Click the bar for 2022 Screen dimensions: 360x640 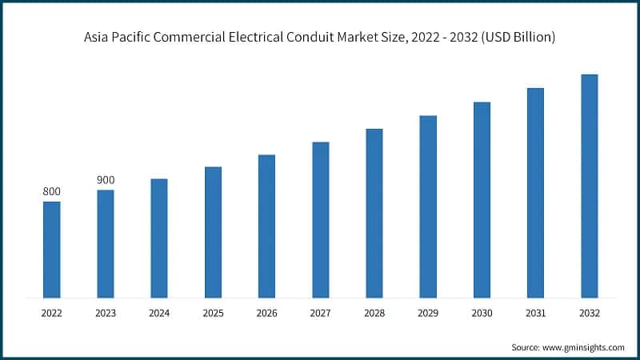pos(51,249)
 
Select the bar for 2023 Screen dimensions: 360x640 pos(106,243)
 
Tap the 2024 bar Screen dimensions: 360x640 pos(159,238)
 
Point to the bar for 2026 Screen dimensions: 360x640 pos(266,226)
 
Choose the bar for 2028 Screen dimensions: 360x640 pos(374,213)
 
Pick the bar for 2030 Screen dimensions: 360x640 pos(482,199)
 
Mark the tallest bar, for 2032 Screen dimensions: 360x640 pos(590,186)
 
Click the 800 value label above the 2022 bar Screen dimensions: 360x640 pos(51,191)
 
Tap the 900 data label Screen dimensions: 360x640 pos(106,180)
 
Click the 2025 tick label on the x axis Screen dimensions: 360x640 pos(213,314)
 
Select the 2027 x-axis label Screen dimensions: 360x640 pos(320,314)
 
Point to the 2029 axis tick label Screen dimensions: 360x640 pos(428,314)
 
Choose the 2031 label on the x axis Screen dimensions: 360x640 pos(535,314)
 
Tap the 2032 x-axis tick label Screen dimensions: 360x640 pos(590,314)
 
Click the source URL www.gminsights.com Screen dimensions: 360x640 pos(585,347)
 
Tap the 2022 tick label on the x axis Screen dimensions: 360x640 pos(51,314)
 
